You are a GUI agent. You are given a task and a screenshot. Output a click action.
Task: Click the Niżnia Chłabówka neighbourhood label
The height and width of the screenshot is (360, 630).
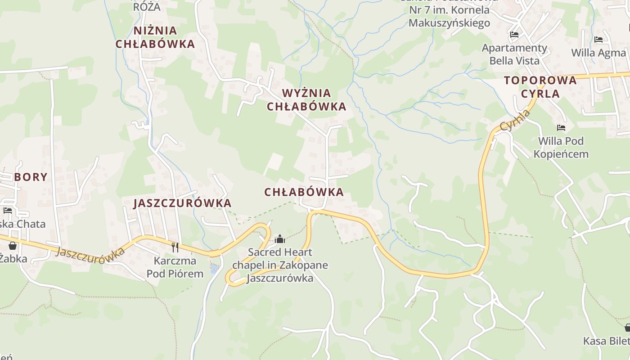click(155, 37)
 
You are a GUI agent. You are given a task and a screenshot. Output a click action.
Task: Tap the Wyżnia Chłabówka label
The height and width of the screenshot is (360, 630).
click(306, 100)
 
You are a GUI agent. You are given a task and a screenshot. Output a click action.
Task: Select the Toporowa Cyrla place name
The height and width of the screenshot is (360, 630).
click(540, 87)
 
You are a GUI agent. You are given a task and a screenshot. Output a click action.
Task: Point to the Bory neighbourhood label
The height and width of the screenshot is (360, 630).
click(31, 177)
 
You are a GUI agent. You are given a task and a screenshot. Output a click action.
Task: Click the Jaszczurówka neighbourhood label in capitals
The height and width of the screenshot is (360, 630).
click(183, 203)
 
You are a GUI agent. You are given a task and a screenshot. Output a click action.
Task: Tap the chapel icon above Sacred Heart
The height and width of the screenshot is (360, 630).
click(280, 239)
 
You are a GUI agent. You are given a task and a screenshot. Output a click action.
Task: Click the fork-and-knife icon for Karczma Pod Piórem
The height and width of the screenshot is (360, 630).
click(175, 247)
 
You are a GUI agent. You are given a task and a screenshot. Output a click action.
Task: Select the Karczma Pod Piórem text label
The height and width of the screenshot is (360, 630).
click(175, 267)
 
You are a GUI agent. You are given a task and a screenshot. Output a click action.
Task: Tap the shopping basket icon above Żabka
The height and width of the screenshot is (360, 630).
click(13, 245)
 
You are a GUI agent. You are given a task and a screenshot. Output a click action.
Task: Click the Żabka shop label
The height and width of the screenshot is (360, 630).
click(13, 259)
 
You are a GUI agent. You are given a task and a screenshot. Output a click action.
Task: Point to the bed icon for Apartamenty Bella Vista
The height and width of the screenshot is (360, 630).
click(514, 35)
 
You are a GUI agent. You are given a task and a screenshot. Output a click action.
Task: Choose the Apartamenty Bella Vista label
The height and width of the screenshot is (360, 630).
click(514, 54)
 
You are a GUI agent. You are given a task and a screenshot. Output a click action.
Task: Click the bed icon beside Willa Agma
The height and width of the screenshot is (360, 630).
click(598, 40)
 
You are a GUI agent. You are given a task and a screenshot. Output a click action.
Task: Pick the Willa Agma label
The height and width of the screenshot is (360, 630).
click(598, 53)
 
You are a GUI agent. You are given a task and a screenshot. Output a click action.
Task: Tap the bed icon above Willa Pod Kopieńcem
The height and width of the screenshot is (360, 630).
click(561, 128)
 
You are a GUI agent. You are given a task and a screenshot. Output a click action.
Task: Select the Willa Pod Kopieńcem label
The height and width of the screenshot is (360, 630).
click(561, 148)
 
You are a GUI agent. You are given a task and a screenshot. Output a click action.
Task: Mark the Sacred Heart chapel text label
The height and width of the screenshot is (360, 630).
click(280, 265)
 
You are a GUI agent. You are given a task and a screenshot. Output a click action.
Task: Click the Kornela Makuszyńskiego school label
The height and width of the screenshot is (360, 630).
click(449, 16)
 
